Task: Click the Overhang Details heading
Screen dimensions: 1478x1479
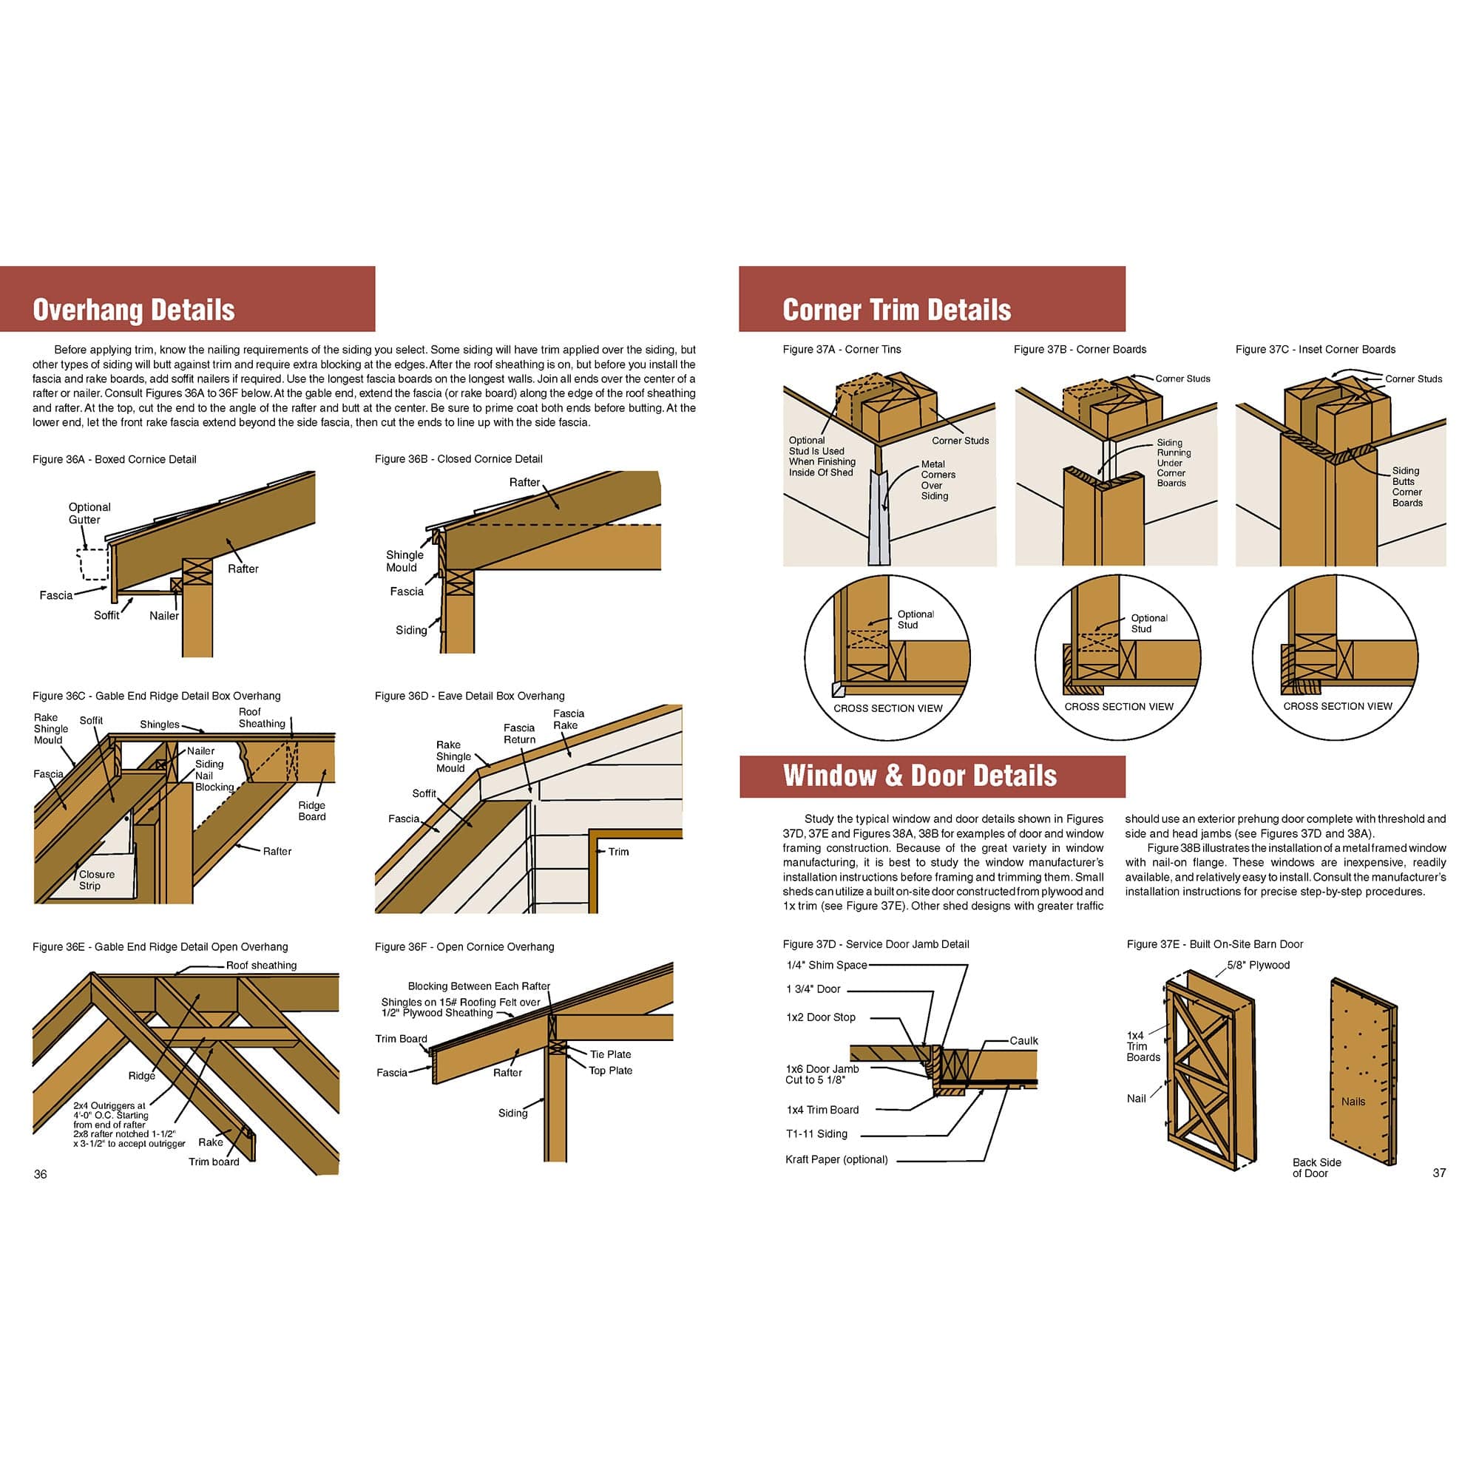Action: pos(133,310)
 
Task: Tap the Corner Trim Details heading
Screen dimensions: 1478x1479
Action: pos(896,310)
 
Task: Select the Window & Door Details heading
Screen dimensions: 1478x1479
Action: pos(918,776)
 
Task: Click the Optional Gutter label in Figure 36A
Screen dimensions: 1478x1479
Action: pos(89,513)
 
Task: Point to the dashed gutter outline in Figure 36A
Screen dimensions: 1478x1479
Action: pos(92,564)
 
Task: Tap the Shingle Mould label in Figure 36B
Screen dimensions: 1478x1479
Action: pos(404,561)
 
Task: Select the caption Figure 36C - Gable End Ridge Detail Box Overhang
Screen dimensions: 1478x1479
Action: pos(156,696)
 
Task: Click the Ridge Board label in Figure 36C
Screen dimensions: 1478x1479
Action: pos(311,810)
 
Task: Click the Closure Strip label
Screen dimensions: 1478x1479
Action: pos(96,879)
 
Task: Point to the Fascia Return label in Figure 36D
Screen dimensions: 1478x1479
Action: pos(519,733)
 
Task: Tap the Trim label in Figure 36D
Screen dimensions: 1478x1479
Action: pos(617,851)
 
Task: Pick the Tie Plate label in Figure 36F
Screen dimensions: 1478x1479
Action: pos(610,1054)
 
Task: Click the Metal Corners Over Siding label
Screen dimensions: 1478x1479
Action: pos(937,480)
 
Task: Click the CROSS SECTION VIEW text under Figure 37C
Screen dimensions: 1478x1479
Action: pos(1337,705)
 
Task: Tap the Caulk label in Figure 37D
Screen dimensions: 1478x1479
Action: pos(1023,1040)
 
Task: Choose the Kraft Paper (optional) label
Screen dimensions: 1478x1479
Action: pos(836,1159)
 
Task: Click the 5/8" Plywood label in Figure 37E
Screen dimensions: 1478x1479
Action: pos(1258,964)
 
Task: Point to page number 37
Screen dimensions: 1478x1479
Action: pos(1438,1173)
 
